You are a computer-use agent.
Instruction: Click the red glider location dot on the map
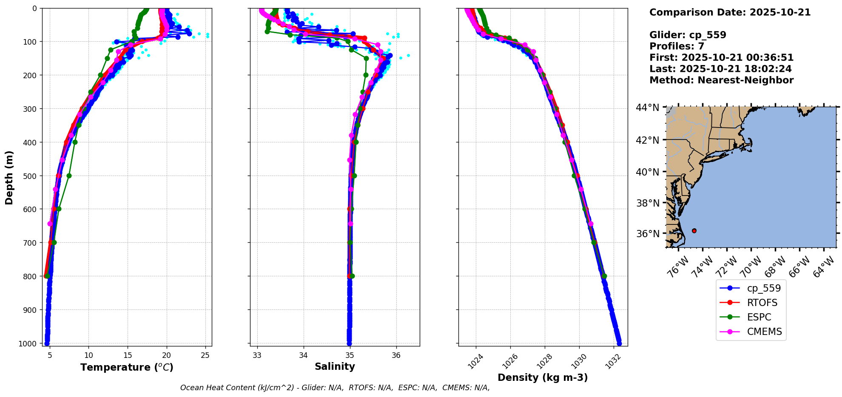pyautogui.click(x=694, y=231)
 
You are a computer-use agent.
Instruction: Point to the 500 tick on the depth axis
pyautogui.click(x=31, y=176)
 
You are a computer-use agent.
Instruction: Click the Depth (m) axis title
pyautogui.click(x=9, y=177)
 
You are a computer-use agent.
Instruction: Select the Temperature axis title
pyautogui.click(x=127, y=367)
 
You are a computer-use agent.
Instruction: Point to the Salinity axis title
pyautogui.click(x=335, y=366)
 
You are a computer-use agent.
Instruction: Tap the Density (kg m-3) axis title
pyautogui.click(x=543, y=377)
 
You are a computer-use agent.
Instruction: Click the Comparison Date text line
pyautogui.click(x=730, y=12)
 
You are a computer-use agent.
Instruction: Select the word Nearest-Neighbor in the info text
pyautogui.click(x=745, y=80)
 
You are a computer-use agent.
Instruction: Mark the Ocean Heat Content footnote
pyautogui.click(x=335, y=388)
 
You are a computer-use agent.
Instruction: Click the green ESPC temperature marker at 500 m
pyautogui.click(x=69, y=176)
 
